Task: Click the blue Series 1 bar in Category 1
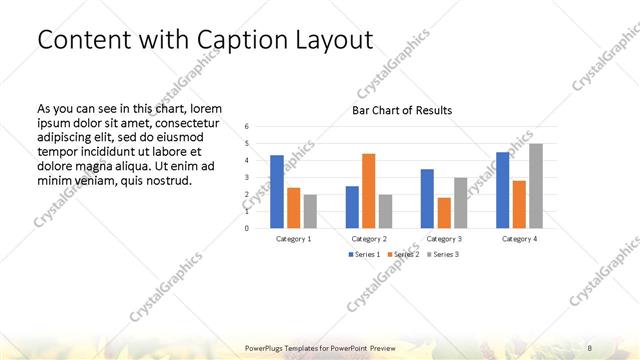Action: pyautogui.click(x=277, y=191)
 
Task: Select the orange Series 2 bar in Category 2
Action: pyautogui.click(x=368, y=190)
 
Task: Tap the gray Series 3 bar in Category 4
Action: pyautogui.click(x=536, y=185)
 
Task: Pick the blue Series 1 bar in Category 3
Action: pyautogui.click(x=427, y=198)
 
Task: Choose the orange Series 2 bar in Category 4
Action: pyautogui.click(x=519, y=204)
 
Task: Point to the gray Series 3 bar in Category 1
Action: pyautogui.click(x=310, y=211)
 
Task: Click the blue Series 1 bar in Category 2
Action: pyautogui.click(x=352, y=206)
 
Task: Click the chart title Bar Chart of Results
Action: pyautogui.click(x=402, y=110)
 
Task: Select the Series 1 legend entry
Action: pyautogui.click(x=365, y=255)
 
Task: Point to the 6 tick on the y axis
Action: pyautogui.click(x=246, y=127)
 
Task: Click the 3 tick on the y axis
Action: pyautogui.click(x=246, y=177)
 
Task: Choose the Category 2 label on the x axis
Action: pyautogui.click(x=369, y=239)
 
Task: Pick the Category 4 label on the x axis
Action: pyautogui.click(x=519, y=239)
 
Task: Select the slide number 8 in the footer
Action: pyautogui.click(x=590, y=347)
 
